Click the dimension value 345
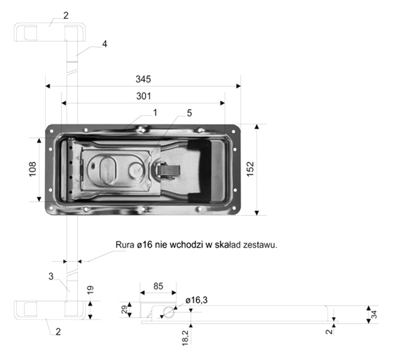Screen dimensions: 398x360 (143, 79)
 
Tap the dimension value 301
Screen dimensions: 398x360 (143, 96)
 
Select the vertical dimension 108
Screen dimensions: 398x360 (32, 169)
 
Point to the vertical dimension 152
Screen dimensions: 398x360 (250, 169)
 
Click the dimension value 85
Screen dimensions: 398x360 (158, 286)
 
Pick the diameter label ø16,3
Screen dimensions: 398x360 (197, 300)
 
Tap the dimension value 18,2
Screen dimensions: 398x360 (185, 338)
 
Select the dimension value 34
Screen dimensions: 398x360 (374, 315)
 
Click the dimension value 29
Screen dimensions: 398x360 (124, 310)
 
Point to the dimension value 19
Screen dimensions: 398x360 (91, 290)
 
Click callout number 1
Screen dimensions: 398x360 (155, 113)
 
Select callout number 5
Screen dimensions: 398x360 (190, 113)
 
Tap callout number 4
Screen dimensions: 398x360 (104, 44)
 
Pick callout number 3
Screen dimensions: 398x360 (51, 276)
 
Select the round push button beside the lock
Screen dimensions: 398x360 (136, 169)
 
